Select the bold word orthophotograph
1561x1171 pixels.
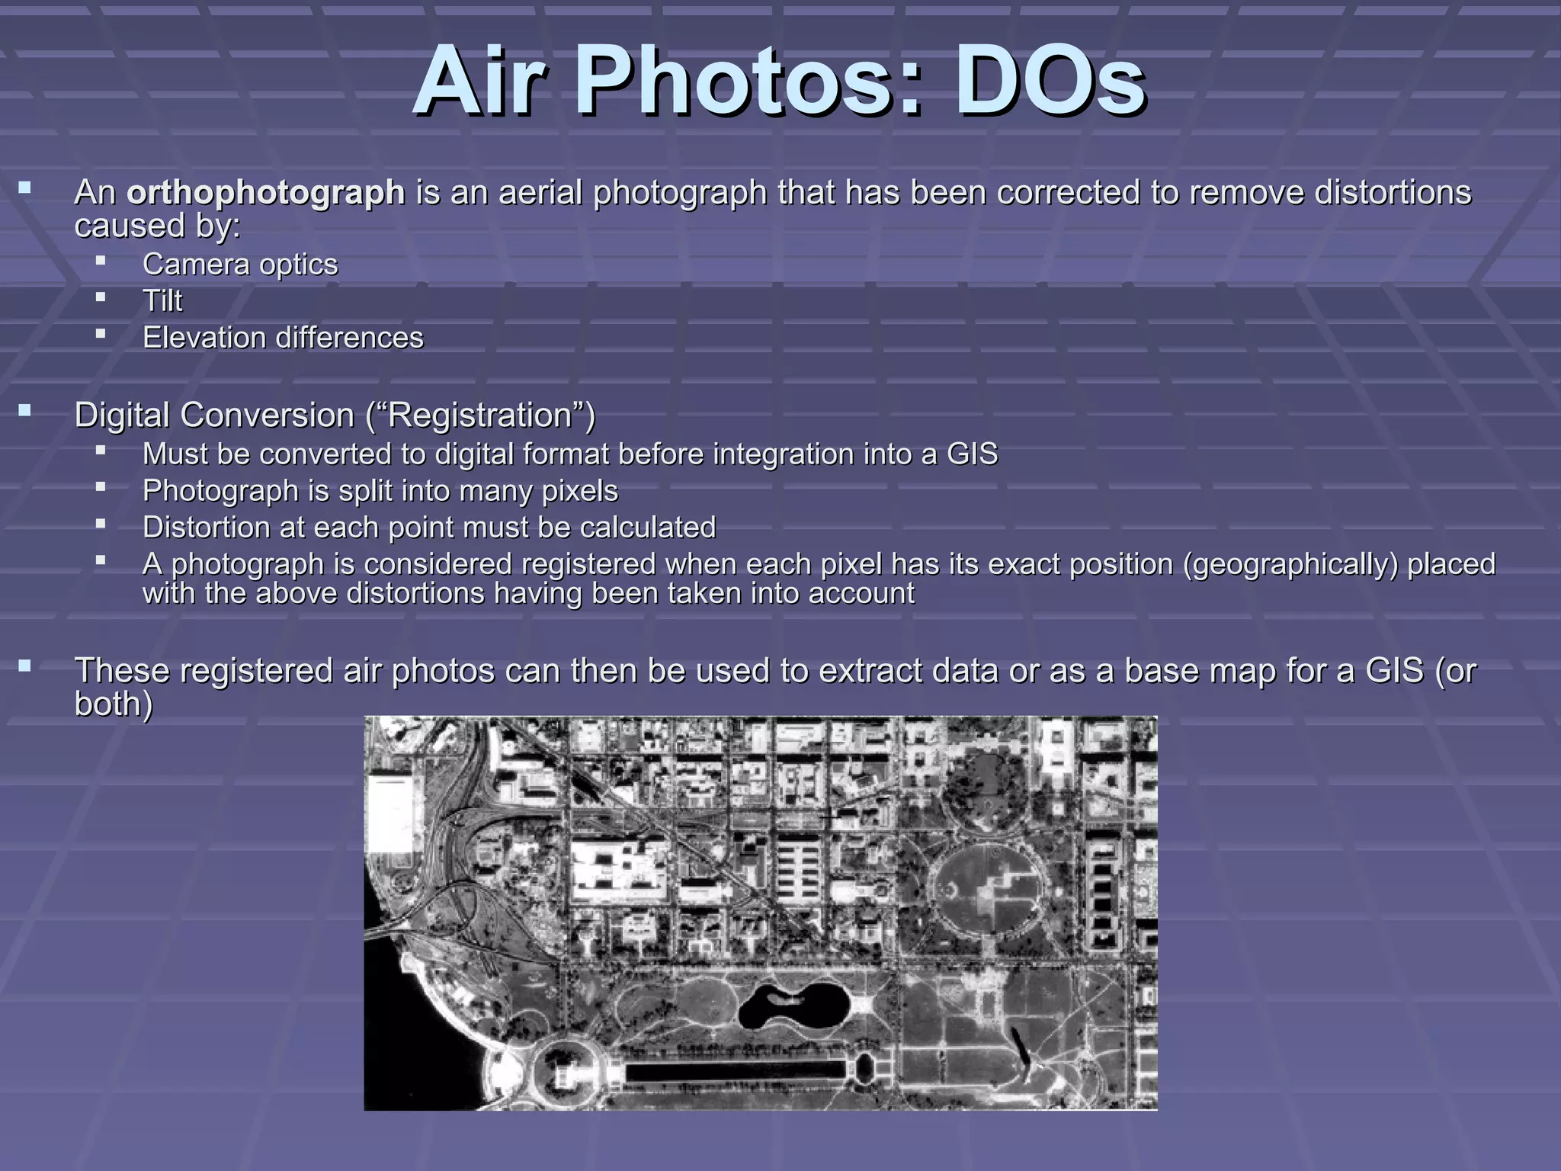click(265, 192)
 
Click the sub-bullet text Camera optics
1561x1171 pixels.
click(240, 265)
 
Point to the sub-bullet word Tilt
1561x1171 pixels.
click(162, 301)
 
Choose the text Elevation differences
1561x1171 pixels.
click(283, 338)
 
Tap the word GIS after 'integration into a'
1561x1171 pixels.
click(972, 454)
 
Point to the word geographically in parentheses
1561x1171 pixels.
click(1291, 564)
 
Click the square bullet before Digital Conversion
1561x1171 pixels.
click(25, 412)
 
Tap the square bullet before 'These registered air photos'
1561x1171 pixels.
click(25, 667)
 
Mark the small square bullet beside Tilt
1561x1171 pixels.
click(101, 297)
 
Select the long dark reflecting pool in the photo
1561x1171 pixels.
click(736, 1071)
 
